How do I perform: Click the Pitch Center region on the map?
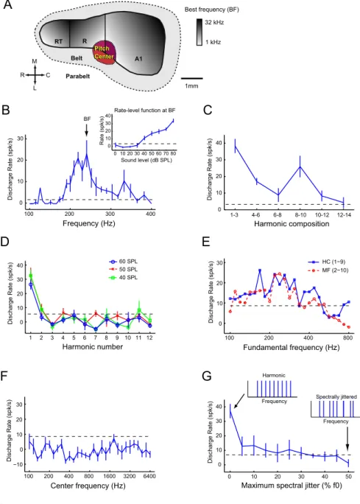[104, 52]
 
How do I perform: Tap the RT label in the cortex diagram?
[58, 41]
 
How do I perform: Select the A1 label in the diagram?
[138, 59]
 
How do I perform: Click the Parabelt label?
[78, 76]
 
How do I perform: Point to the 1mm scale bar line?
[191, 78]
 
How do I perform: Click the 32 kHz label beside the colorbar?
[214, 23]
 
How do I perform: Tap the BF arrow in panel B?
[86, 130]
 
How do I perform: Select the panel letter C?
[208, 110]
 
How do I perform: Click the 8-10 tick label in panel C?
[300, 214]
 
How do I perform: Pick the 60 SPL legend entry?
[124, 262]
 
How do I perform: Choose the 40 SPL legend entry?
[124, 277]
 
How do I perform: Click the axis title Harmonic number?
[93, 346]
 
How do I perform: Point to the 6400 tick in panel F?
[149, 476]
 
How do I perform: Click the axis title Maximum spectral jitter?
[292, 486]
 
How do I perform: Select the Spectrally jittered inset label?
[336, 397]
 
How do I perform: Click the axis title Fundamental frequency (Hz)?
[292, 347]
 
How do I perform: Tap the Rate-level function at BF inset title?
[145, 111]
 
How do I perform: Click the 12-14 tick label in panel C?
[344, 214]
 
